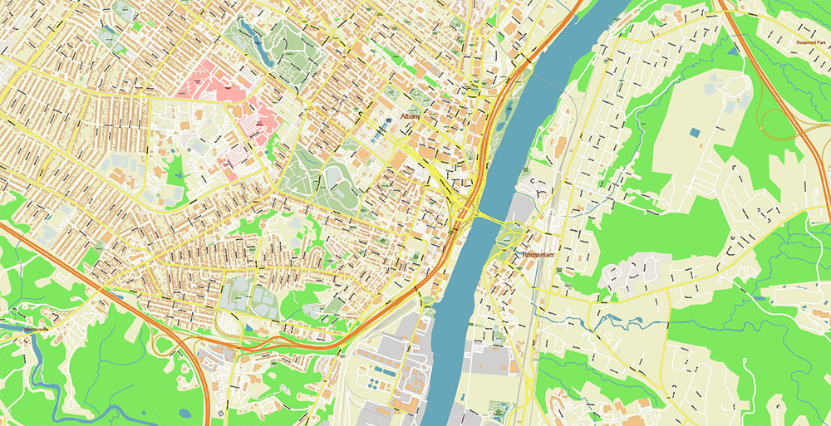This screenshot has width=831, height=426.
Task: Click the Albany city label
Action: pyautogui.click(x=411, y=118)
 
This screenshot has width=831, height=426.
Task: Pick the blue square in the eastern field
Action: pyautogui.click(x=694, y=132)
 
